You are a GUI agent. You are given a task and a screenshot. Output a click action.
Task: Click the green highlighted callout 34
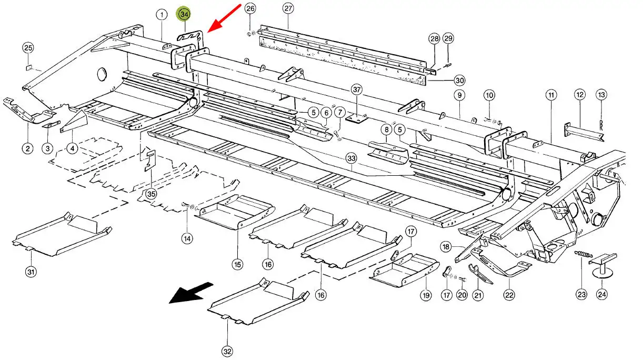pos(184,15)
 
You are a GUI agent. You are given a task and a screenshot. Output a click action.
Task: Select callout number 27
pos(288,8)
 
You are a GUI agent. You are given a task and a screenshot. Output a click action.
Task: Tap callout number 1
pos(161,15)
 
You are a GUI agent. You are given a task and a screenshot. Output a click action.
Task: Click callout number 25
pos(28,48)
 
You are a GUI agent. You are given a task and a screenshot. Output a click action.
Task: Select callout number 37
pos(357,90)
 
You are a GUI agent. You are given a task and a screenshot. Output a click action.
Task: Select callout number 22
pos(509,295)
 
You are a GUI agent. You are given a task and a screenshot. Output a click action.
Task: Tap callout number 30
pos(459,81)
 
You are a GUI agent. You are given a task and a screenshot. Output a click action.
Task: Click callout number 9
pos(459,95)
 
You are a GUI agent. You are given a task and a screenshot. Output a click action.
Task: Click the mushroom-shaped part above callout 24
pos(602,264)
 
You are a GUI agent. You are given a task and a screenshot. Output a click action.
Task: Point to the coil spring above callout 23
pos(581,255)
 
